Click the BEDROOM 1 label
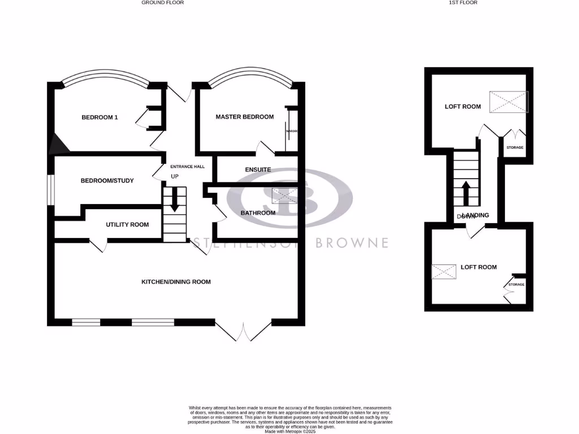click(100, 118)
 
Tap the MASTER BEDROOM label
click(244, 117)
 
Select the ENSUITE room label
click(257, 170)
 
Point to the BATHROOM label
click(258, 213)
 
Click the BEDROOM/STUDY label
click(107, 181)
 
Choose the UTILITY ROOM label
click(127, 225)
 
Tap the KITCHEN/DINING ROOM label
click(176, 281)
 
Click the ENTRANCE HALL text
click(187, 167)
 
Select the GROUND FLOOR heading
click(162, 3)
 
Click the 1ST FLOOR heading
click(463, 3)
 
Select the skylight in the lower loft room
click(444, 272)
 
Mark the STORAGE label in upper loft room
click(514, 148)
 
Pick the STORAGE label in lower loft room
click(516, 285)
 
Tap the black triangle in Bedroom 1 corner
click(59, 145)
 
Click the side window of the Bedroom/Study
click(50, 189)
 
